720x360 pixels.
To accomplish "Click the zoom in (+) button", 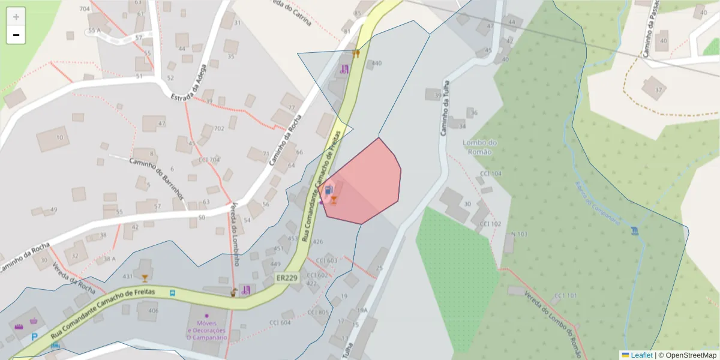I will (16, 17).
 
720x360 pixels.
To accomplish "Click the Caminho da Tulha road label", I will (445, 108).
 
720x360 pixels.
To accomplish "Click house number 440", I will (377, 63).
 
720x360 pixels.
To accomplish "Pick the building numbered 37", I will (658, 90).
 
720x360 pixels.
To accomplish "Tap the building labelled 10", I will (59, 138).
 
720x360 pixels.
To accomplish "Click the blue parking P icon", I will (34, 337).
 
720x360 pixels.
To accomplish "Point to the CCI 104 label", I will (490, 174).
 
